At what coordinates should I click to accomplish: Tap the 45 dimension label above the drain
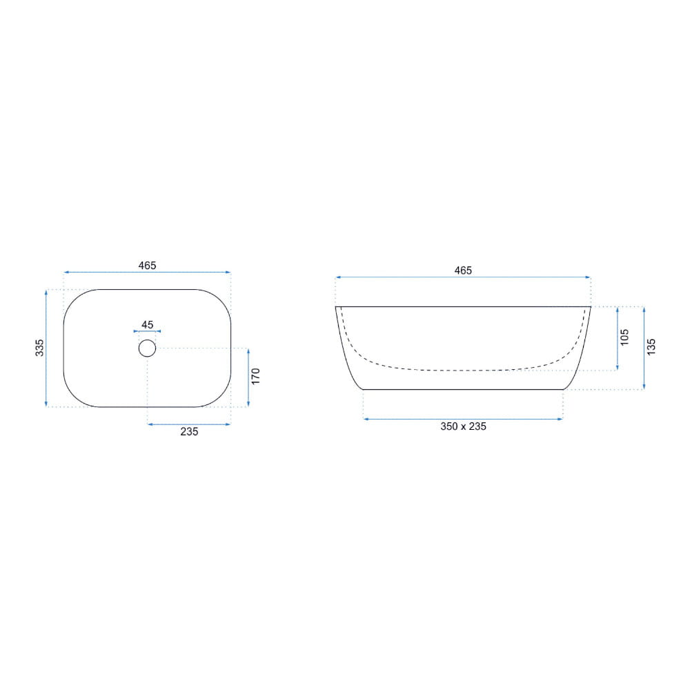148,325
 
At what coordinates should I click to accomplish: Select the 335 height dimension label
39,348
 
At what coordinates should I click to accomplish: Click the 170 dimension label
256,376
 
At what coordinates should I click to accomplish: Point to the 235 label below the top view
189,432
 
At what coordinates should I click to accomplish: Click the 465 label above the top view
148,266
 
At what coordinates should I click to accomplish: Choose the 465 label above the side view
463,270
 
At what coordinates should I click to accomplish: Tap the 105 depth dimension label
624,337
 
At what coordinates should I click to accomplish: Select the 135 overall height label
651,347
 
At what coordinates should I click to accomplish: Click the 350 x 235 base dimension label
464,426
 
